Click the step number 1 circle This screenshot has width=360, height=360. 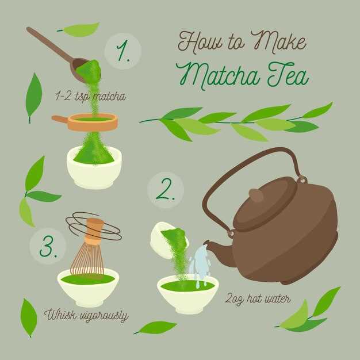(x=122, y=51)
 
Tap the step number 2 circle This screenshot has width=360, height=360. (x=166, y=190)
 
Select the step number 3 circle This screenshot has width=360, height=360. (x=48, y=246)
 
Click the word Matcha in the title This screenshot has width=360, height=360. (x=218, y=74)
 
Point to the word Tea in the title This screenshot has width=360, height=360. (x=288, y=74)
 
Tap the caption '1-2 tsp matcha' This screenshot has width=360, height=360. (x=90, y=97)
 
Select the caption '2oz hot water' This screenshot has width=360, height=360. (x=258, y=299)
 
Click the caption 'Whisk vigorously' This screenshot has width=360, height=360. (x=86, y=316)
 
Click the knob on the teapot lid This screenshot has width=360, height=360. (x=256, y=196)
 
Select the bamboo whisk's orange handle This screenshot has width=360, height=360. (x=94, y=231)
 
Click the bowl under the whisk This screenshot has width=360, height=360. (x=88, y=288)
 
